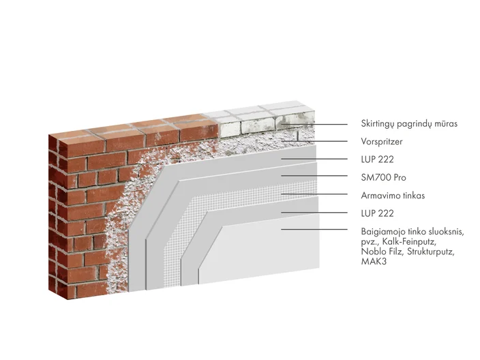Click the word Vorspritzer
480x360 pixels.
point(381,141)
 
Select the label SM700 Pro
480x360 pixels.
point(384,177)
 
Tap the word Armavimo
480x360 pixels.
point(378,195)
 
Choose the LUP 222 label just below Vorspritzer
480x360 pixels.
point(378,160)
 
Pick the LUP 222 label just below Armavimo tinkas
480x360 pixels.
point(378,213)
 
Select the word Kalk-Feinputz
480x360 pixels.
point(408,241)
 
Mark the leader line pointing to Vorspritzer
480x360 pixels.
point(314,141)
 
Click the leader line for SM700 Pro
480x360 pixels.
point(314,176)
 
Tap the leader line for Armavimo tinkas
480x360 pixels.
point(314,194)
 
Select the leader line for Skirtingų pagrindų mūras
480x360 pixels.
point(314,125)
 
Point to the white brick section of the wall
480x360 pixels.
point(263,121)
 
